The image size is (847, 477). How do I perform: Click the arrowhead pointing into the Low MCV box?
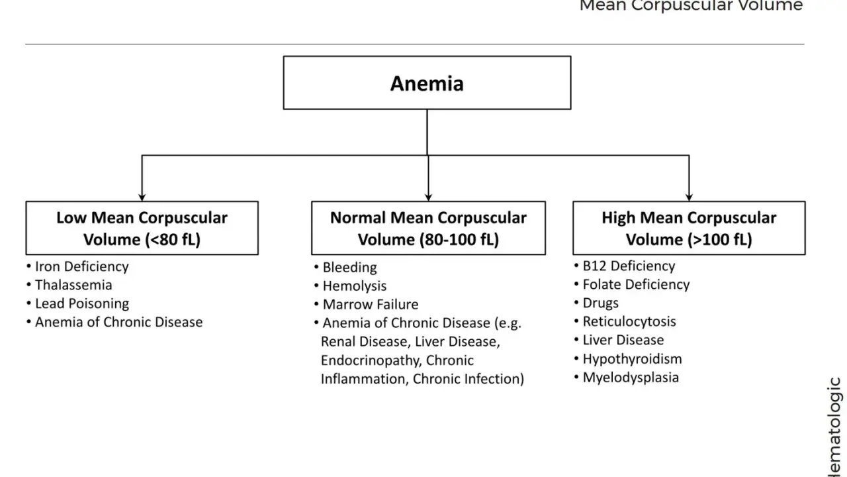(142, 197)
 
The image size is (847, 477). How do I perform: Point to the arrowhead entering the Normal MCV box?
(428, 197)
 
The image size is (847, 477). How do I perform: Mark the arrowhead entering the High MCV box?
(689, 197)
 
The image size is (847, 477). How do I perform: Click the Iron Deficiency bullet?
(77, 266)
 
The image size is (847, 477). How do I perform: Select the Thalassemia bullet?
(69, 285)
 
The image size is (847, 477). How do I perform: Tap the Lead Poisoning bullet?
(78, 303)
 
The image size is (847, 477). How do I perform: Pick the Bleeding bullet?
(345, 267)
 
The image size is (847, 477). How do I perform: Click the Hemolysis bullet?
(351, 286)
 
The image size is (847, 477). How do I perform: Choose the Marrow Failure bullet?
(367, 304)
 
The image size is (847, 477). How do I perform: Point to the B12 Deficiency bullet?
(625, 266)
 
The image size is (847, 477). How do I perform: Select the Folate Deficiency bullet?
(632, 284)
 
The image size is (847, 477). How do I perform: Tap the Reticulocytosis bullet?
(625, 321)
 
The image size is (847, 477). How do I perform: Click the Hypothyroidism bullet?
(628, 359)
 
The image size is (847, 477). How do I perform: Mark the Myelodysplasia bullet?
(627, 378)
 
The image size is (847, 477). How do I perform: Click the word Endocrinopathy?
(371, 360)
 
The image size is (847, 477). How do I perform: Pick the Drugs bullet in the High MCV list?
(596, 303)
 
